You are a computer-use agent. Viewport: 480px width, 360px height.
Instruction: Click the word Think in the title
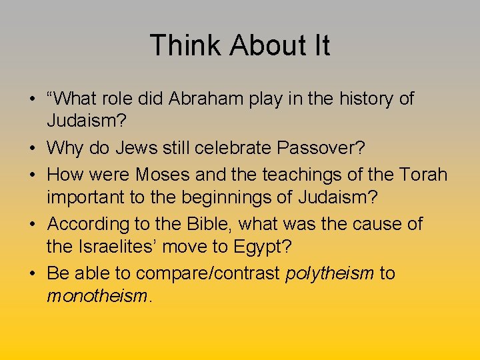click(186, 46)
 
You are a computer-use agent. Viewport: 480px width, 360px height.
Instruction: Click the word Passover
click(325, 149)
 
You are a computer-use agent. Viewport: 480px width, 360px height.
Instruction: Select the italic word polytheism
click(329, 274)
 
